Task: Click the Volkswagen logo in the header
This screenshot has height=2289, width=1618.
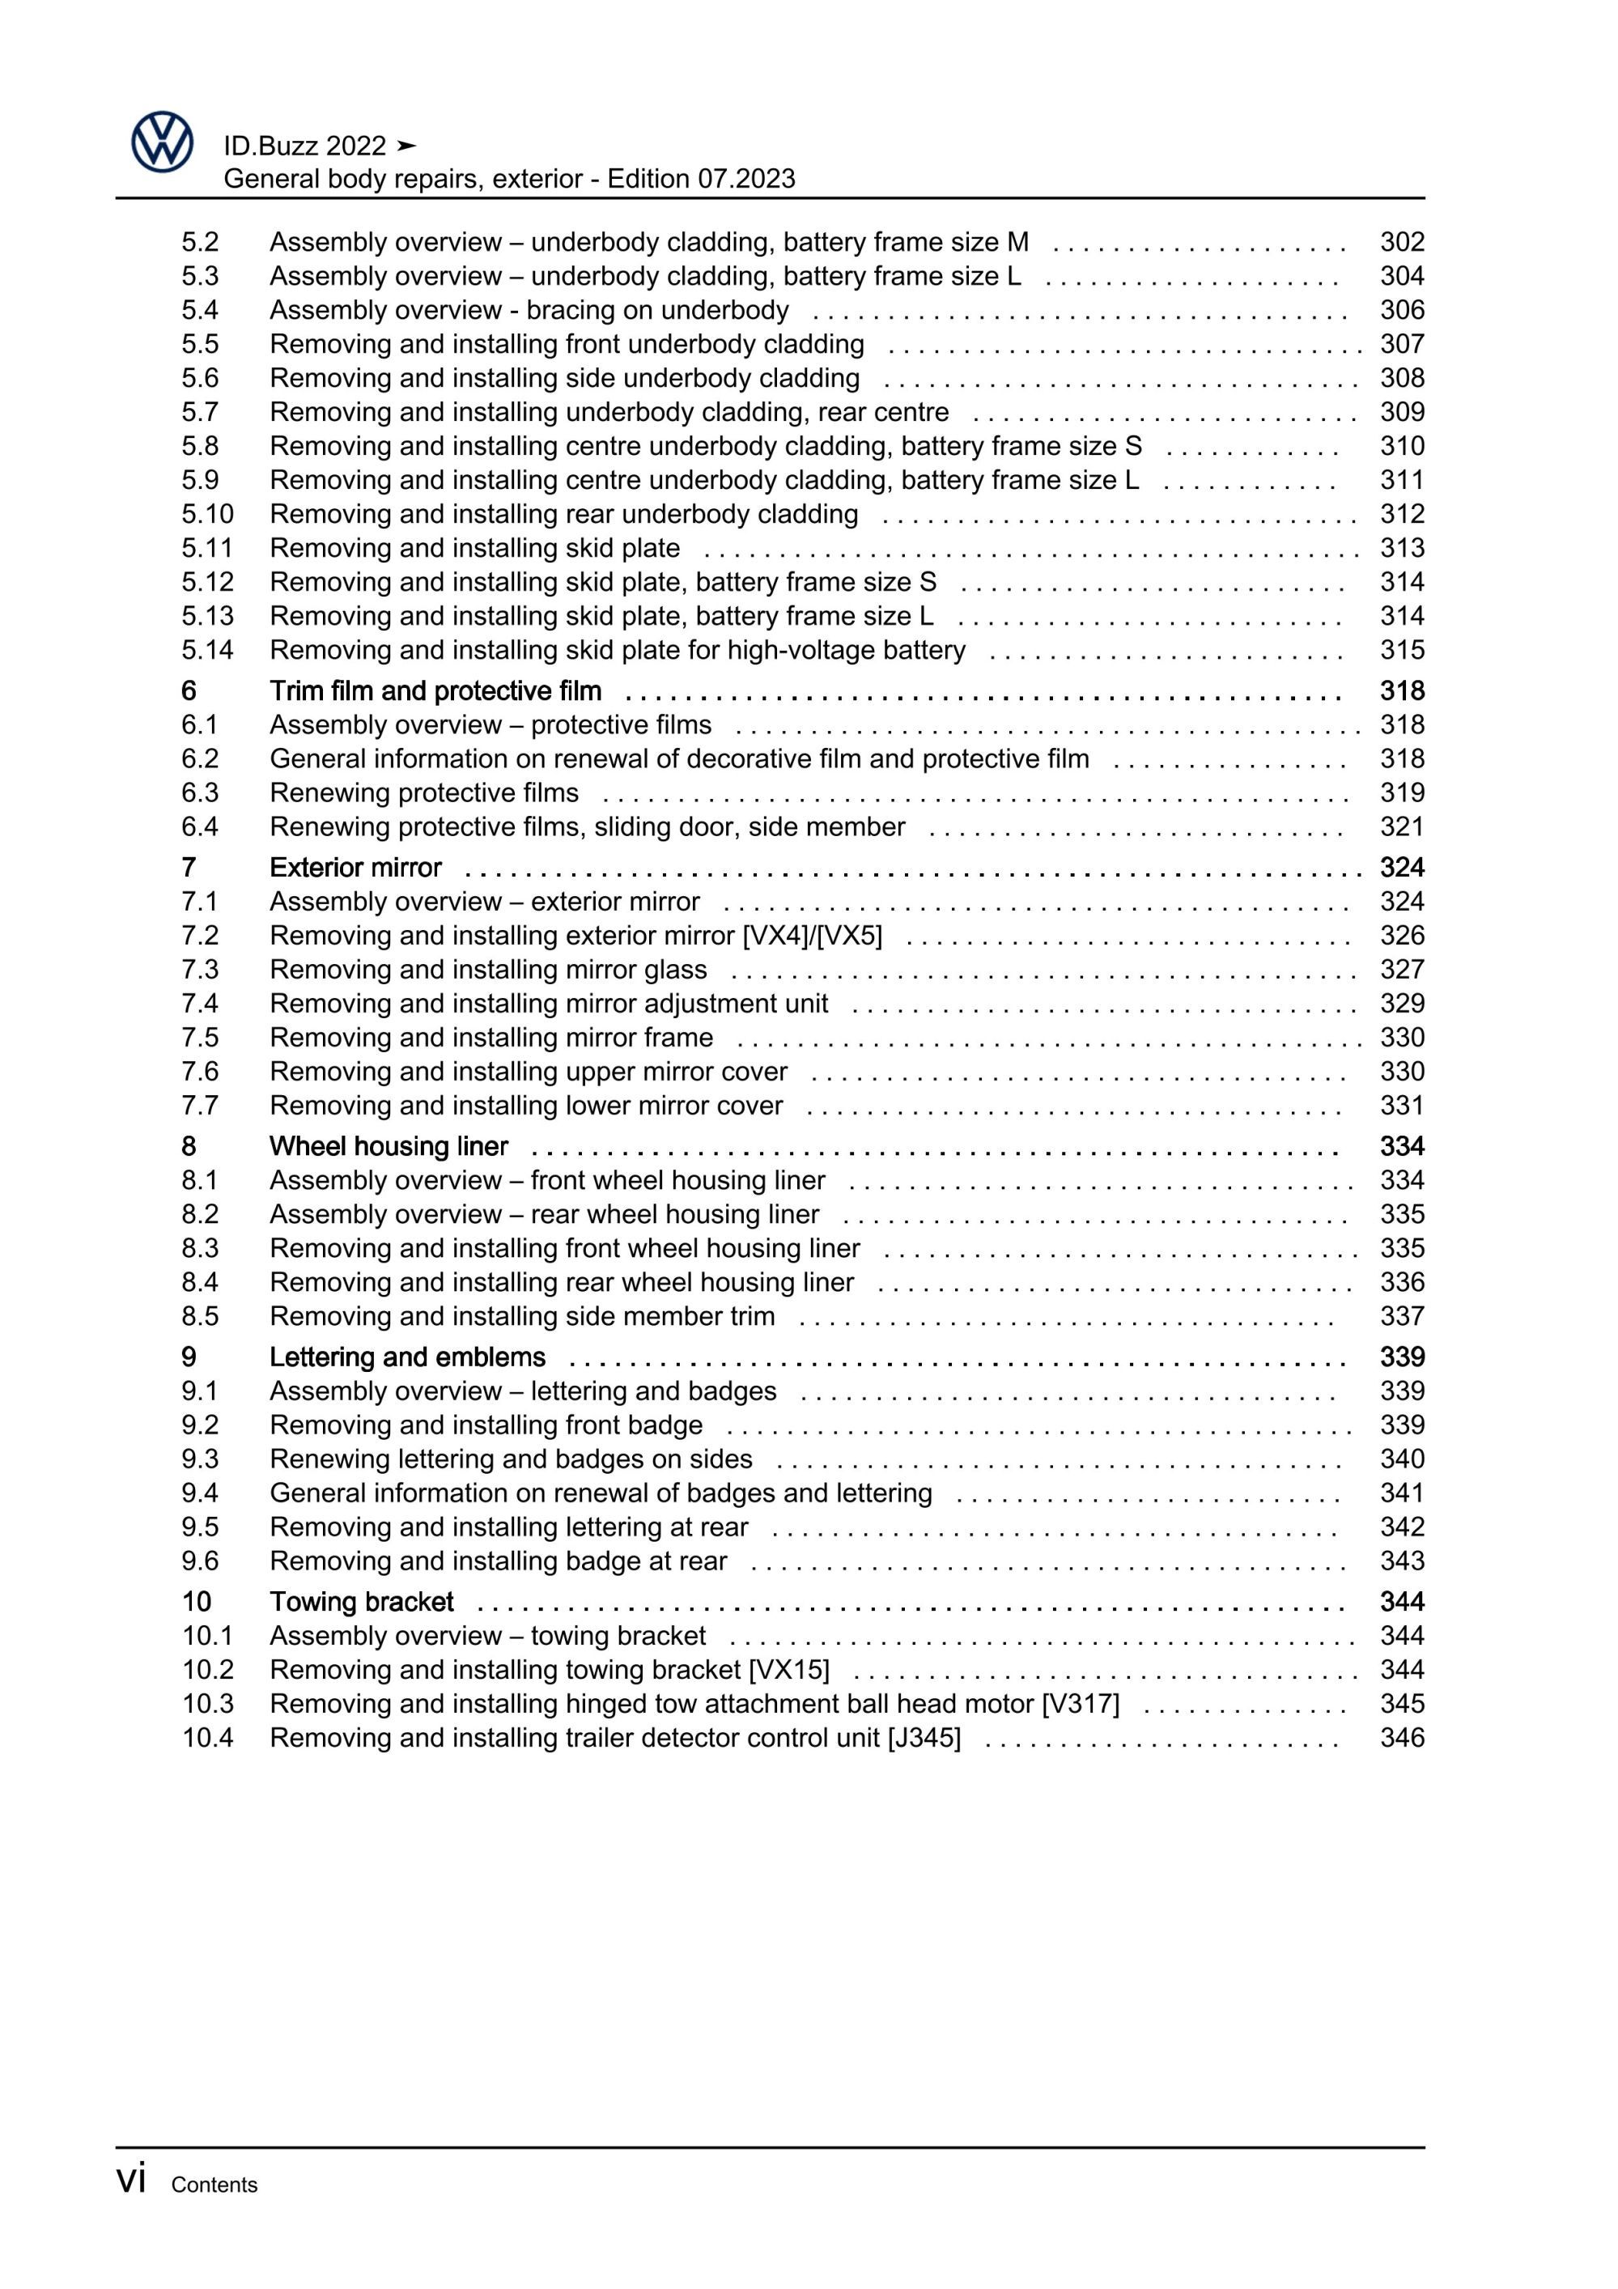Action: [x=162, y=142]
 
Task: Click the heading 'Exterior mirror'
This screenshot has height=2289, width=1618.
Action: [x=355, y=868]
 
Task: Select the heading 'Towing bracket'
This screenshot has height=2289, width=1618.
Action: [x=361, y=1601]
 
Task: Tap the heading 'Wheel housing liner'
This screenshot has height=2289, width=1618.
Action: [x=389, y=1146]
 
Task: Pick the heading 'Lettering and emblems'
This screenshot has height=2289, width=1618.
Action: [x=407, y=1357]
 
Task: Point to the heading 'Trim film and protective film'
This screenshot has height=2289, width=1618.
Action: [x=435, y=691]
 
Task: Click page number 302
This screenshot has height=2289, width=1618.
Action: [x=1402, y=242]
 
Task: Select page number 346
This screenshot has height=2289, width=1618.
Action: [x=1402, y=1738]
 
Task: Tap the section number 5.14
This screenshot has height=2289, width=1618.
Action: [x=207, y=650]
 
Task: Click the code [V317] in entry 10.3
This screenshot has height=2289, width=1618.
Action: [x=1081, y=1704]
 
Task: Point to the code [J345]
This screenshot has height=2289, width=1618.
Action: [x=924, y=1738]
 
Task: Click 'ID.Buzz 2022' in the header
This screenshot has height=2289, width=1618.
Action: [x=304, y=147]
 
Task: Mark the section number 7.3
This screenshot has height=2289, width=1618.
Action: [x=199, y=969]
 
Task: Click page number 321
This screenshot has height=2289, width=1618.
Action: [x=1402, y=826]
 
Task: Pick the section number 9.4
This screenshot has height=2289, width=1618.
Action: [x=199, y=1493]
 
